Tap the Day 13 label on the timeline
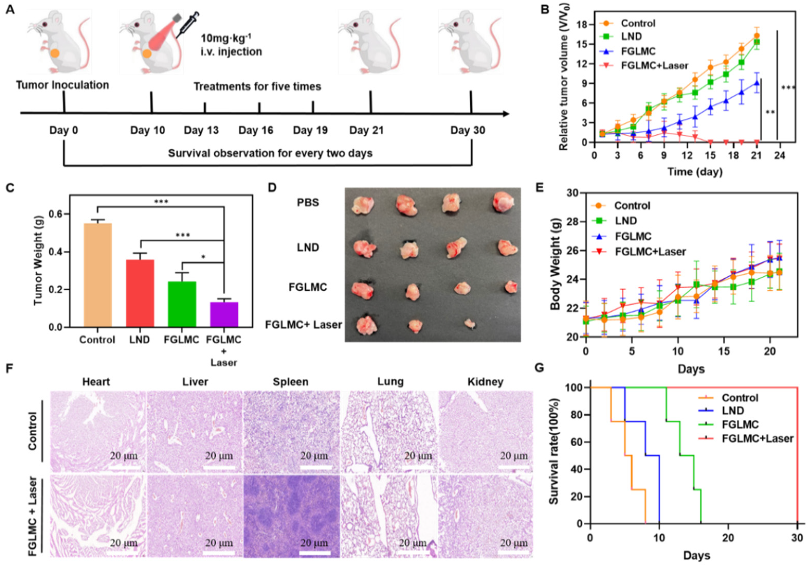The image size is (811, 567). [x=201, y=130]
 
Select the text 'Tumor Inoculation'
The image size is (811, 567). [x=62, y=85]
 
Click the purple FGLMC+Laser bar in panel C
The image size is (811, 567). [x=224, y=314]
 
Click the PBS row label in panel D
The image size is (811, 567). [x=308, y=202]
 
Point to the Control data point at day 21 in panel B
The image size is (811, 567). [x=757, y=36]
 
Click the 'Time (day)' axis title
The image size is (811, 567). [x=695, y=172]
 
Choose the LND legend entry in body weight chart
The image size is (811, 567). [x=626, y=221]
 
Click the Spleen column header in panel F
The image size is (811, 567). [x=290, y=382]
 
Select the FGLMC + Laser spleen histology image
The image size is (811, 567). [x=291, y=516]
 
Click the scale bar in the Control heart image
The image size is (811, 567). [x=123, y=467]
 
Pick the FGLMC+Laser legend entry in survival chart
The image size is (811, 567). [x=757, y=439]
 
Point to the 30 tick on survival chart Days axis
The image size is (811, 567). [x=797, y=538]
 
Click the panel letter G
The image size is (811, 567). [x=539, y=368]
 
